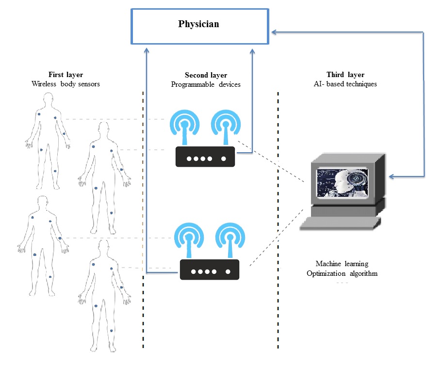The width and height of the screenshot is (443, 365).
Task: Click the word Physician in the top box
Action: [x=198, y=24]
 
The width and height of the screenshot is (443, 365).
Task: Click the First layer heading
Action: [x=66, y=75]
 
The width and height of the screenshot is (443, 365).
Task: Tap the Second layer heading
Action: [x=206, y=75]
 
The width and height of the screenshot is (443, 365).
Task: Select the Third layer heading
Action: [x=345, y=75]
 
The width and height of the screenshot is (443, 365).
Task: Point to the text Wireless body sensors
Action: [x=66, y=83]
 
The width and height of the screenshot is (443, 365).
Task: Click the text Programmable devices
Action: [x=206, y=84]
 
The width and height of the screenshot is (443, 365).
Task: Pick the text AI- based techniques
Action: [x=345, y=84]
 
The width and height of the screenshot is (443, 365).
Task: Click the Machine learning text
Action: [x=342, y=264]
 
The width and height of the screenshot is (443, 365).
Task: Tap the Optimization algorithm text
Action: [x=342, y=273]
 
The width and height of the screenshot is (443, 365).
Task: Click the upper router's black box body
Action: [x=205, y=158]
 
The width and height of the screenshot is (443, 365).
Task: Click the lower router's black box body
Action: [x=210, y=270]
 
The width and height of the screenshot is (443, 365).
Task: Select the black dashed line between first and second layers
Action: [x=143, y=218]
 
